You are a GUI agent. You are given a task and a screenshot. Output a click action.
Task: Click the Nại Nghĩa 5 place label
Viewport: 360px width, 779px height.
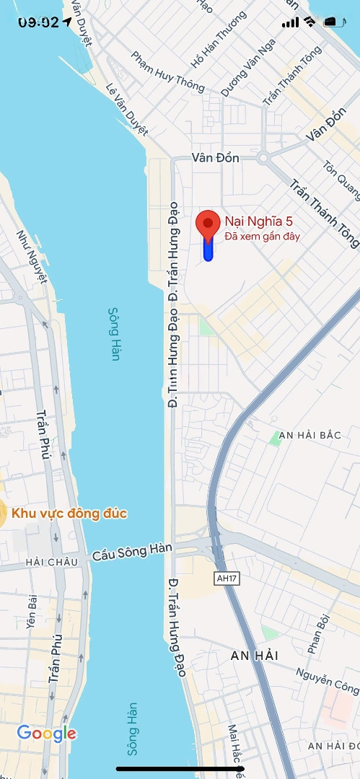258,221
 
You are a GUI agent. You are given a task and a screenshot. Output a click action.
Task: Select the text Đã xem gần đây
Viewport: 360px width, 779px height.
262,236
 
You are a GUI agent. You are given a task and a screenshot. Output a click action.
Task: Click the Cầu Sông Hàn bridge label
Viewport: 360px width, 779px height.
132,553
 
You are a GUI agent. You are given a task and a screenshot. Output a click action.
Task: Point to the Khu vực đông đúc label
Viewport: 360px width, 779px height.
69,514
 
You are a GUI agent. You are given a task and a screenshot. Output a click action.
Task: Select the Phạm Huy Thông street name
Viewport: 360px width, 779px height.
168,71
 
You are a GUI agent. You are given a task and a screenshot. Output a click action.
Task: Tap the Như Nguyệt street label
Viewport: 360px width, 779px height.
33,255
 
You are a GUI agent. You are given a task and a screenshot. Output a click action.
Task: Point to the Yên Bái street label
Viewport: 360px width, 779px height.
32,611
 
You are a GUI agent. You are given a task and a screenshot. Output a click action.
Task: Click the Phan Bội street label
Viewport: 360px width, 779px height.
318,634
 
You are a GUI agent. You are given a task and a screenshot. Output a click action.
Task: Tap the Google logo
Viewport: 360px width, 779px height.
46,734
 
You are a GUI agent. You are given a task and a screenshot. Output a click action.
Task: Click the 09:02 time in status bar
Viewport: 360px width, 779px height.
38,22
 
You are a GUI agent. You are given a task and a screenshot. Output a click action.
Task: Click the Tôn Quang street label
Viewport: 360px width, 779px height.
343,179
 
